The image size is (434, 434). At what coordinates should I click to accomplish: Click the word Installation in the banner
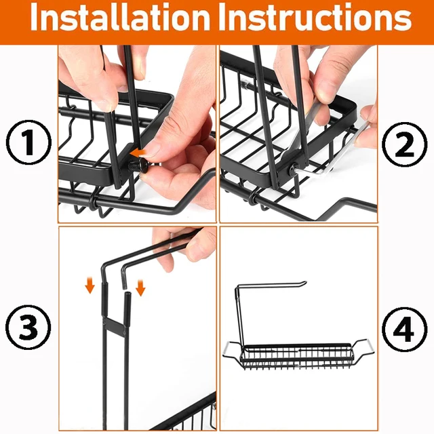[x=120, y=17]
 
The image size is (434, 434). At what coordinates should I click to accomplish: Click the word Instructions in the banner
[x=319, y=17]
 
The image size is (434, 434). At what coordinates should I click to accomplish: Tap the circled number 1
[x=28, y=142]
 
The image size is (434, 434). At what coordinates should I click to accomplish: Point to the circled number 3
[x=28, y=327]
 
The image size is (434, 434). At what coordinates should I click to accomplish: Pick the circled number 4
[x=404, y=330]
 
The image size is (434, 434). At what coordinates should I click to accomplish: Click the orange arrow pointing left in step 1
[x=139, y=152]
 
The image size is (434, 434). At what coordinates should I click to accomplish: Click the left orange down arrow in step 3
[x=90, y=285]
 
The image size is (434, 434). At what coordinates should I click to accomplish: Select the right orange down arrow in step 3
[x=140, y=288]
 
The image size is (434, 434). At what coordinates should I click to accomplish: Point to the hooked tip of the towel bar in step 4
[x=303, y=283]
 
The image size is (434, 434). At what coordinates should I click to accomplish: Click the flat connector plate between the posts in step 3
[x=113, y=325]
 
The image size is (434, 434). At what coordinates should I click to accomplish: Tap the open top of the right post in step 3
[x=127, y=294]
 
